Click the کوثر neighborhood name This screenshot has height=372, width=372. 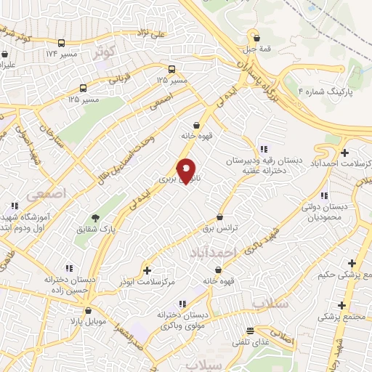(x=104, y=52)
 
